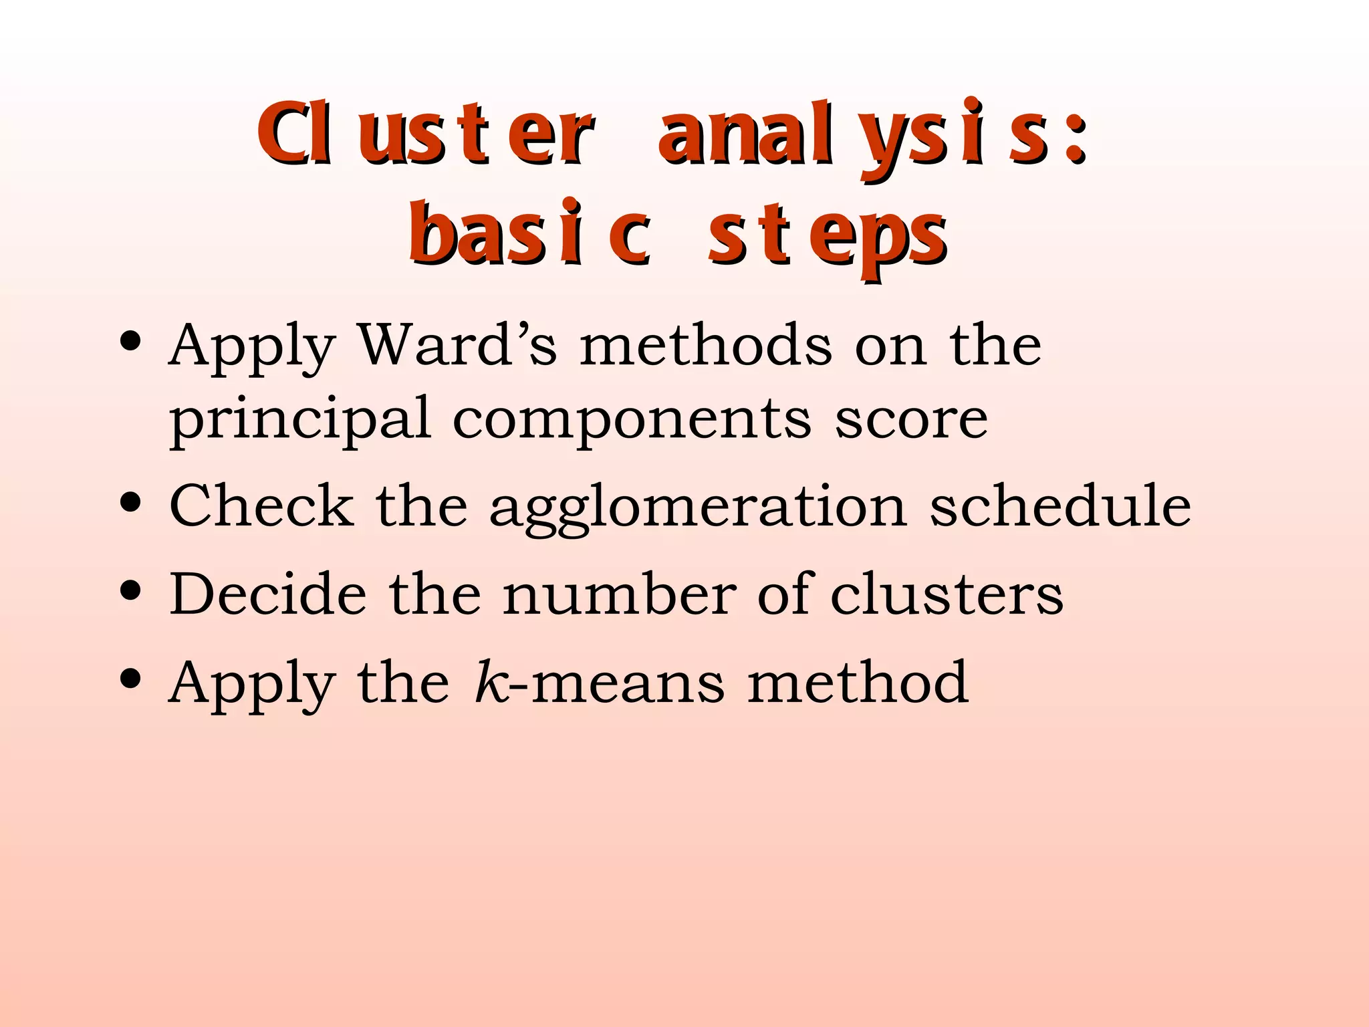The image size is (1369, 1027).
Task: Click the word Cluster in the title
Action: tap(425, 134)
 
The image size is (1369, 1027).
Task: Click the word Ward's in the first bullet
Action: tap(457, 345)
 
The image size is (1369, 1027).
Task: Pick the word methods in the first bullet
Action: tap(706, 345)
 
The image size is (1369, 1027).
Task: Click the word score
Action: tap(911, 420)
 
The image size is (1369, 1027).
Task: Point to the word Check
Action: tap(261, 505)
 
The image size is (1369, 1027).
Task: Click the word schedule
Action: tap(1060, 505)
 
